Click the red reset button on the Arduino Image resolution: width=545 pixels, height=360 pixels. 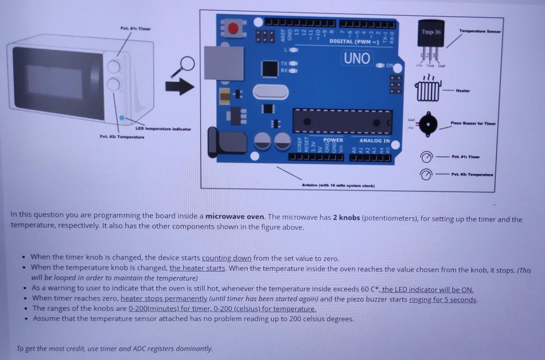[x=233, y=28]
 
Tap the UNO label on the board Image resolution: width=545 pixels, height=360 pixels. [x=357, y=58]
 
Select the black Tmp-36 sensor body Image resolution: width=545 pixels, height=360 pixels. [x=431, y=33]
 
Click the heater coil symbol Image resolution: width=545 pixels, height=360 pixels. [x=428, y=90]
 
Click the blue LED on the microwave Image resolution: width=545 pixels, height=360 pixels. [x=122, y=118]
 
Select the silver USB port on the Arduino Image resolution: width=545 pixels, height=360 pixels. [x=223, y=63]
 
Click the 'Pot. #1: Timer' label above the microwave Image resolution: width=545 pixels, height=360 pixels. [x=135, y=29]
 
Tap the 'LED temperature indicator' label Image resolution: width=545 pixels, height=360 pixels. [x=163, y=129]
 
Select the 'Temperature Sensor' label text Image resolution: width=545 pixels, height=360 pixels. [x=480, y=31]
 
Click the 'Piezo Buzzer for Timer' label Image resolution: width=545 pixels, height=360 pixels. [x=473, y=123]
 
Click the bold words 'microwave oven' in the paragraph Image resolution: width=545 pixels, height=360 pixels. [x=235, y=216]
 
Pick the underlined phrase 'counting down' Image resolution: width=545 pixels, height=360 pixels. [x=226, y=258]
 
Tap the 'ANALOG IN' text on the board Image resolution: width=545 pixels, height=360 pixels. [x=374, y=141]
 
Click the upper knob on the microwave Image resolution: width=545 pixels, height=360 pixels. [x=114, y=66]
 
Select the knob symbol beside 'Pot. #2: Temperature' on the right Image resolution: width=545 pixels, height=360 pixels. [x=426, y=174]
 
